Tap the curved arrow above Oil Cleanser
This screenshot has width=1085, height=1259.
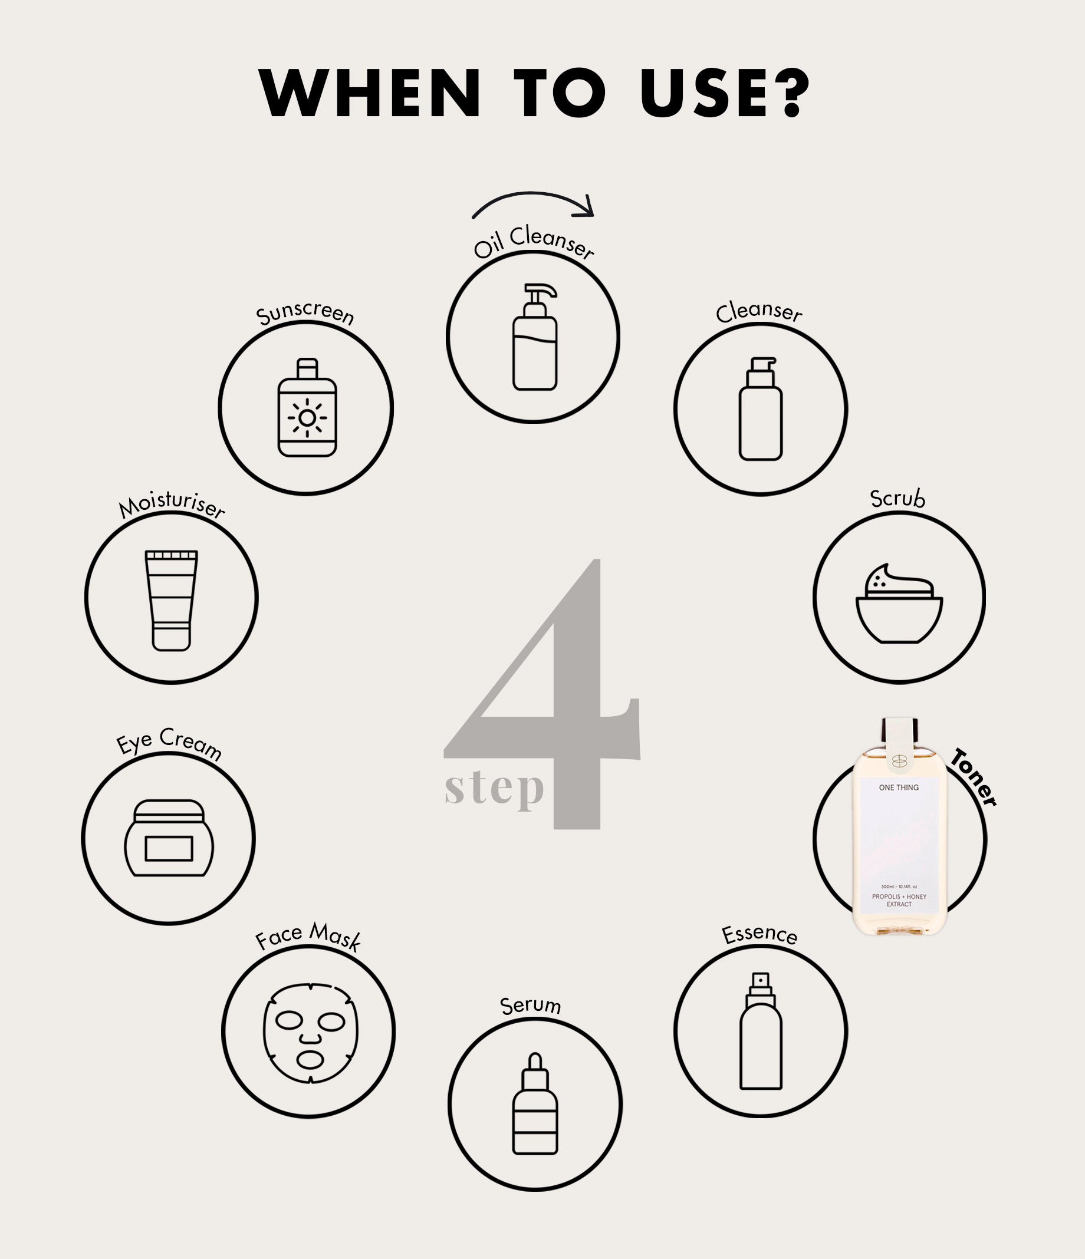point(534,195)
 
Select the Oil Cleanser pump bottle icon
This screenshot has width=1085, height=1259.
point(535,337)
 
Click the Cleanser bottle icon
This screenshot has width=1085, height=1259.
point(761,408)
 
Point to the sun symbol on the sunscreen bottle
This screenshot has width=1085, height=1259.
point(307,417)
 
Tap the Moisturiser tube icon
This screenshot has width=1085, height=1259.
point(172,601)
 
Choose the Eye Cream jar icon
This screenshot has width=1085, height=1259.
point(169,838)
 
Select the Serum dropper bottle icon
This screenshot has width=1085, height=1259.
point(535,1103)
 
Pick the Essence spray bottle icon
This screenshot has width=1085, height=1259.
point(761,1031)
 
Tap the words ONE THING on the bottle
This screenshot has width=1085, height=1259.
point(899,787)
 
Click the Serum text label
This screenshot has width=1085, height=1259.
point(530,1006)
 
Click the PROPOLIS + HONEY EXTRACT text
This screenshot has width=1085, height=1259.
point(899,900)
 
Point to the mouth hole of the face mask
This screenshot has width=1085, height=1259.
point(311,1060)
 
